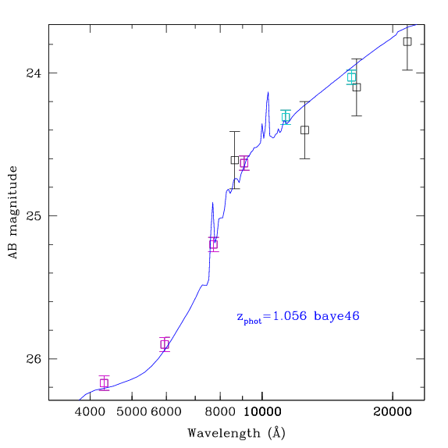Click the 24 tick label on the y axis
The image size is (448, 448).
click(34, 73)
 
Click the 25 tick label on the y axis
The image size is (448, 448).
click(34, 216)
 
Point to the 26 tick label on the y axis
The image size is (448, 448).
click(34, 359)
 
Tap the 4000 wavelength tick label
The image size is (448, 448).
click(91, 412)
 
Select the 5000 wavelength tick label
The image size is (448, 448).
click(132, 412)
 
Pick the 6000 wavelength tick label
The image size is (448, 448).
click(166, 412)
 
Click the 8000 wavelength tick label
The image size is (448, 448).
click(220, 412)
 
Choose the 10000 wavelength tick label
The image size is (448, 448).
click(262, 412)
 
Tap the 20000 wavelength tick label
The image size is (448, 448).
click(393, 412)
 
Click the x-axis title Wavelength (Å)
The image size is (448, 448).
click(236, 433)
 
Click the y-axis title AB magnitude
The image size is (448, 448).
click(13, 212)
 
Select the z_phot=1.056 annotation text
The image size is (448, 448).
click(272, 317)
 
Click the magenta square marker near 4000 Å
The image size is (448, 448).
click(105, 383)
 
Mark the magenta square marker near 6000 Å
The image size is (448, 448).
click(165, 344)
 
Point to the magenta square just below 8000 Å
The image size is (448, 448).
click(213, 244)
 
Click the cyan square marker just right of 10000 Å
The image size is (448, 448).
click(286, 117)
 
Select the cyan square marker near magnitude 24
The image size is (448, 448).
click(352, 77)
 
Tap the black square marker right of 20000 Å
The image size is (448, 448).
click(407, 41)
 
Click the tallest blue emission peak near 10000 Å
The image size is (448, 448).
click(268, 92)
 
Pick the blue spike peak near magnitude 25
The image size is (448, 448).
click(212, 203)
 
